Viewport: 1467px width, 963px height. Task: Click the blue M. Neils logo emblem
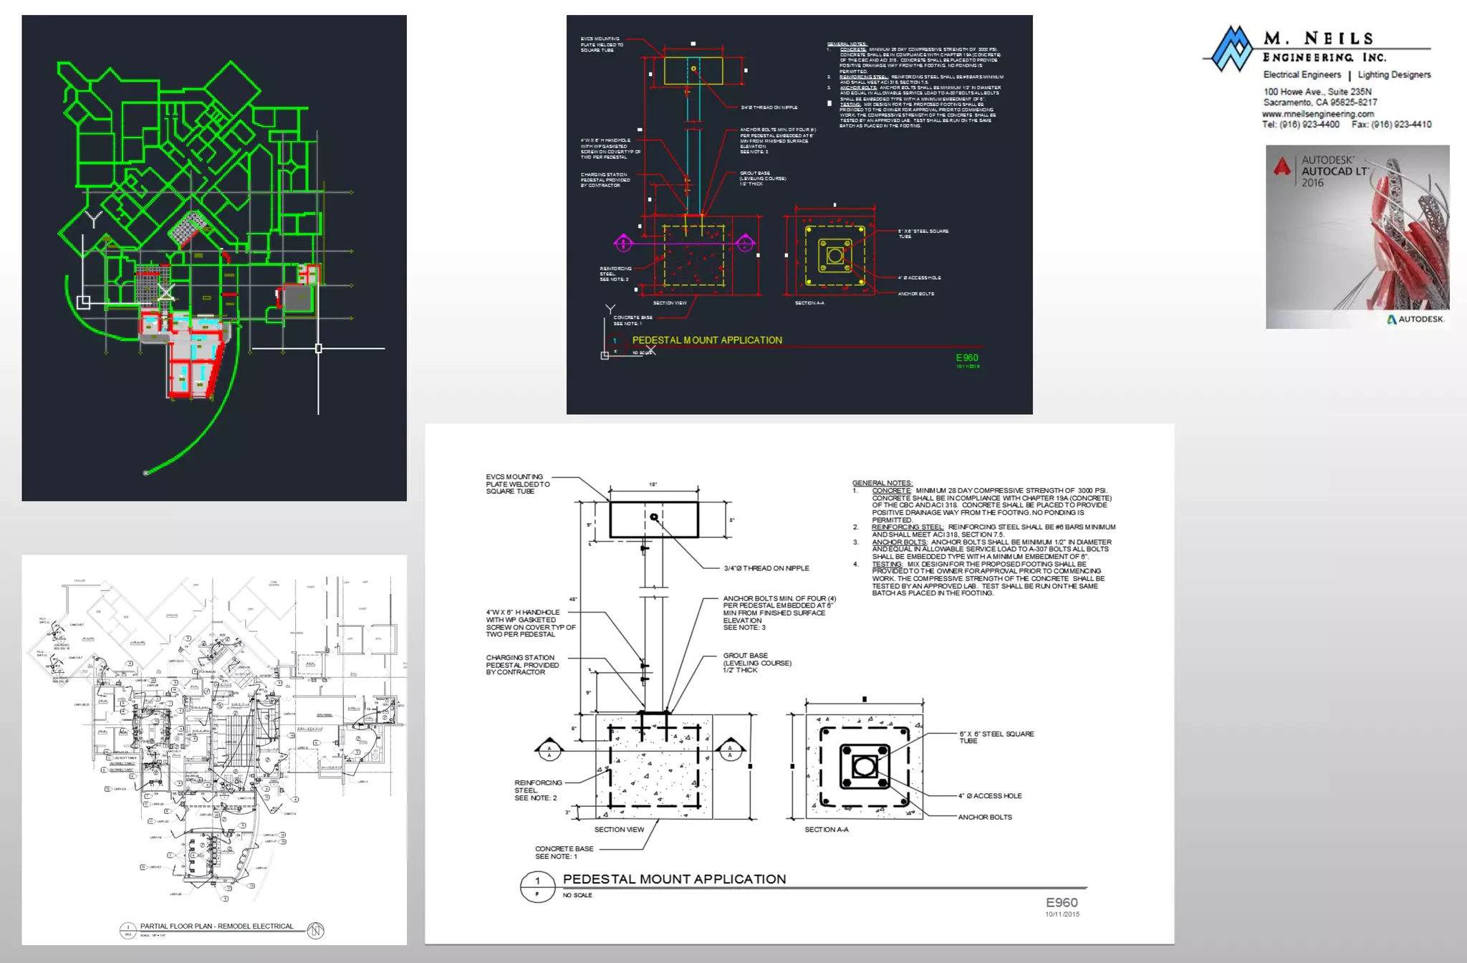click(1231, 49)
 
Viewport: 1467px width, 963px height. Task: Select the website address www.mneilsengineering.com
click(1318, 114)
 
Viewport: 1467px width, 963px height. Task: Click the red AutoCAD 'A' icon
click(1282, 167)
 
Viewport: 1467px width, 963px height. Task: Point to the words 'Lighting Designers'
click(1394, 75)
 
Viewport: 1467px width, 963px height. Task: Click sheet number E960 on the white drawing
click(1062, 903)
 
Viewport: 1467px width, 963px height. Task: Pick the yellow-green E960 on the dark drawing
click(967, 358)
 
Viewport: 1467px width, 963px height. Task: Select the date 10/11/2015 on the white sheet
click(1062, 914)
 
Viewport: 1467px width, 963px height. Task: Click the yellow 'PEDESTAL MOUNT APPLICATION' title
click(707, 340)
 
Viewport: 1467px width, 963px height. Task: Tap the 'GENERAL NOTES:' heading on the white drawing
click(882, 483)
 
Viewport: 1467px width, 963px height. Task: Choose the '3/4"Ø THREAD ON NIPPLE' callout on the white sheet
click(766, 568)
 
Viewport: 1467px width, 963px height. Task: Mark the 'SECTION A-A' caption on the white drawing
click(826, 830)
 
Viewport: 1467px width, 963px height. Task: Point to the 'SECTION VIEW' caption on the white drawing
click(619, 830)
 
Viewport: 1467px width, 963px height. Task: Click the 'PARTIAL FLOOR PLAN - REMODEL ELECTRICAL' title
click(216, 926)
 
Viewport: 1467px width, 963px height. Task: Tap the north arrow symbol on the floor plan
click(316, 930)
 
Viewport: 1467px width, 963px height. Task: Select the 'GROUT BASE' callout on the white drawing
click(746, 656)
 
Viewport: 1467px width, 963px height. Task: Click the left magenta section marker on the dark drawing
click(623, 244)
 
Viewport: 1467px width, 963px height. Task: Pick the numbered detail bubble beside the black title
click(537, 887)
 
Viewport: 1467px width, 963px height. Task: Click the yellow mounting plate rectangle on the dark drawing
click(693, 70)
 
